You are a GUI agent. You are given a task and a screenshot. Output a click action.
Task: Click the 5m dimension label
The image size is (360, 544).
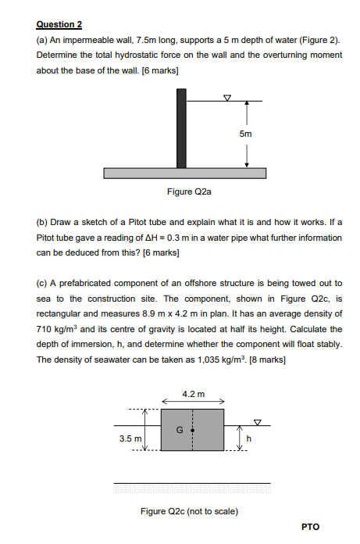tap(246, 134)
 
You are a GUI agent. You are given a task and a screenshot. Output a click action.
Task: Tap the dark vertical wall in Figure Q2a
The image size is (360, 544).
tap(181, 128)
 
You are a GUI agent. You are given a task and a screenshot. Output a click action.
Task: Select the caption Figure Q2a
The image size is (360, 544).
tap(189, 191)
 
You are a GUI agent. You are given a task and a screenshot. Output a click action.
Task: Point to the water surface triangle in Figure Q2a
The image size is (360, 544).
tap(227, 98)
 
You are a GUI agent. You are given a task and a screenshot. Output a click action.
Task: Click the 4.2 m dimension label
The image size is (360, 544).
tap(193, 393)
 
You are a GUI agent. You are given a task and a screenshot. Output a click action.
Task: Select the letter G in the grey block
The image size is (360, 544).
tap(181, 429)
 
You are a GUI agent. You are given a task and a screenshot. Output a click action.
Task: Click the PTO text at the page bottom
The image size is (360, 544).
tap(310, 526)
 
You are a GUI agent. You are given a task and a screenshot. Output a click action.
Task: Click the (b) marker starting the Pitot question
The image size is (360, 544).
tap(43, 223)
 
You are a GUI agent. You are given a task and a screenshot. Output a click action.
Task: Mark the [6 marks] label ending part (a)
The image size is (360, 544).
tap(161, 70)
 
